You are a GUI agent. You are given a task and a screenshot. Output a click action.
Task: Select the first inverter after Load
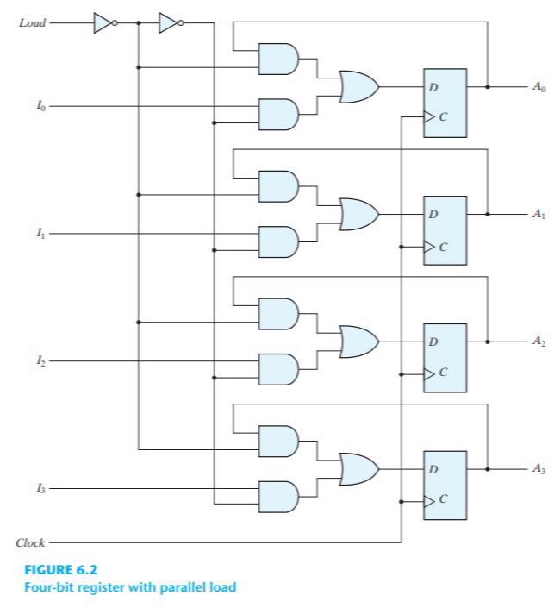(103, 23)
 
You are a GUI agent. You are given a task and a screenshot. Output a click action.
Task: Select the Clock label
(30, 543)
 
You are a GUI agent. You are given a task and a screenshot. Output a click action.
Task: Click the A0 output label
(538, 87)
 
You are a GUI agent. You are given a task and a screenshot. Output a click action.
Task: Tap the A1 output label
(538, 214)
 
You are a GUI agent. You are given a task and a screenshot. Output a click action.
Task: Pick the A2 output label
(538, 342)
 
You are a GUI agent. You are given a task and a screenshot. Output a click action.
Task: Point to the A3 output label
(538, 469)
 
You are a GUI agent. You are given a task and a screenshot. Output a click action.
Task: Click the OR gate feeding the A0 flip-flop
(358, 86)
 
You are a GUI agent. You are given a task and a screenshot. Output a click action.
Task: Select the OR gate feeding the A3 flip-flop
(358, 469)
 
